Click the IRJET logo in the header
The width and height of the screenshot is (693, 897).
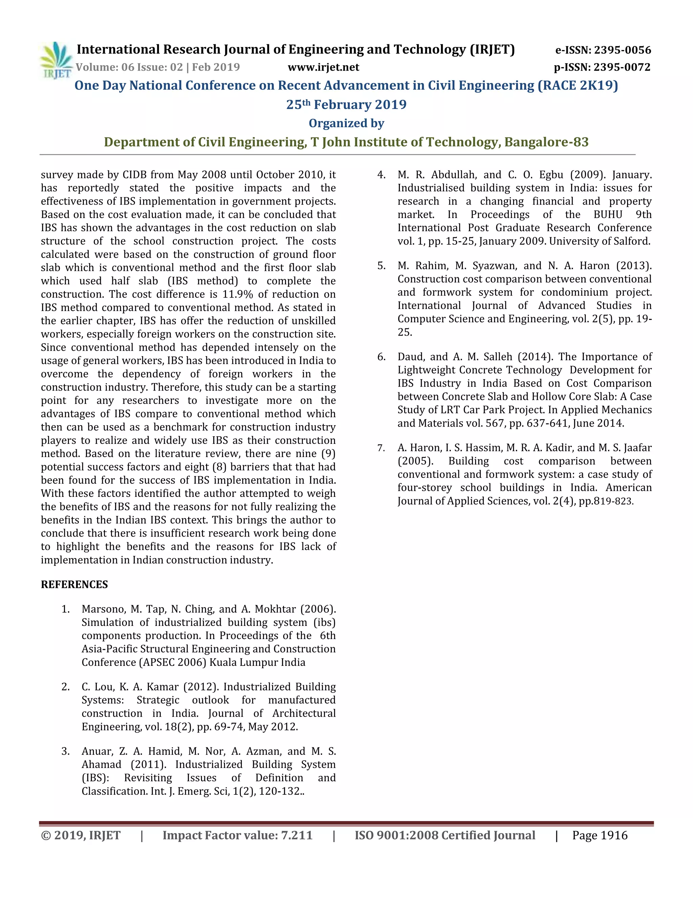tap(56, 60)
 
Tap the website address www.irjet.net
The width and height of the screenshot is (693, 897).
tap(323, 67)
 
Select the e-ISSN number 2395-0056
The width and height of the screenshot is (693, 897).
tap(622, 50)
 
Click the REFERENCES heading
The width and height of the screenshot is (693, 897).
tap(74, 585)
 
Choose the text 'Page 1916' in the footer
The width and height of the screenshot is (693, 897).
tap(600, 835)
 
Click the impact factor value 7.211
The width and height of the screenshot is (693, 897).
tap(296, 835)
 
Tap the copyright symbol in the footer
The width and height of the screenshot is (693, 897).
tap(46, 835)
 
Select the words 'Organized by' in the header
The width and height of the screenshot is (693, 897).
tap(346, 123)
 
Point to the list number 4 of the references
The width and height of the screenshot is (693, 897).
tap(381, 175)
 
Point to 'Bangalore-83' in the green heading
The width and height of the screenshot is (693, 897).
tap(546, 142)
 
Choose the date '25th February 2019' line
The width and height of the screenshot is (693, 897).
tap(346, 104)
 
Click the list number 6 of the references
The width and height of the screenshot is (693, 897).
tap(381, 357)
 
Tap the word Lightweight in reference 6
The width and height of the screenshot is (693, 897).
tap(427, 370)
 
